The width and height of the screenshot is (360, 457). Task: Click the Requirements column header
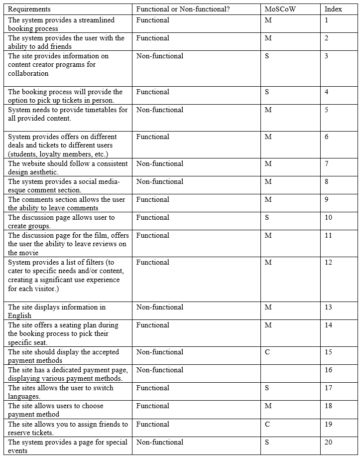[29, 9]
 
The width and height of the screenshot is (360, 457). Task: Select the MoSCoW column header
[280, 9]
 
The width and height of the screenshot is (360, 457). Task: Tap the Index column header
[333, 9]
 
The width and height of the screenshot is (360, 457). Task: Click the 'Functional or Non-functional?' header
[183, 9]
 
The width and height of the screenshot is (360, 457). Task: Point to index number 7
[327, 163]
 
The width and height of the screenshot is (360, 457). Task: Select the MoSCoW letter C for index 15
[267, 352]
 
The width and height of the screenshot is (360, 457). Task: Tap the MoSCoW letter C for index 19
[267, 424]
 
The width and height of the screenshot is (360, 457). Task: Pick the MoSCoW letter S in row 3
[267, 56]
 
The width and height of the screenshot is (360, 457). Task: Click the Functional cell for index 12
[152, 262]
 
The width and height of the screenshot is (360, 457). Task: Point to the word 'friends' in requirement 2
[61, 46]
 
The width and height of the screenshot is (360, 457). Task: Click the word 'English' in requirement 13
[19, 315]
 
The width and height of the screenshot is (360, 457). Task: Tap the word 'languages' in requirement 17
[23, 396]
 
